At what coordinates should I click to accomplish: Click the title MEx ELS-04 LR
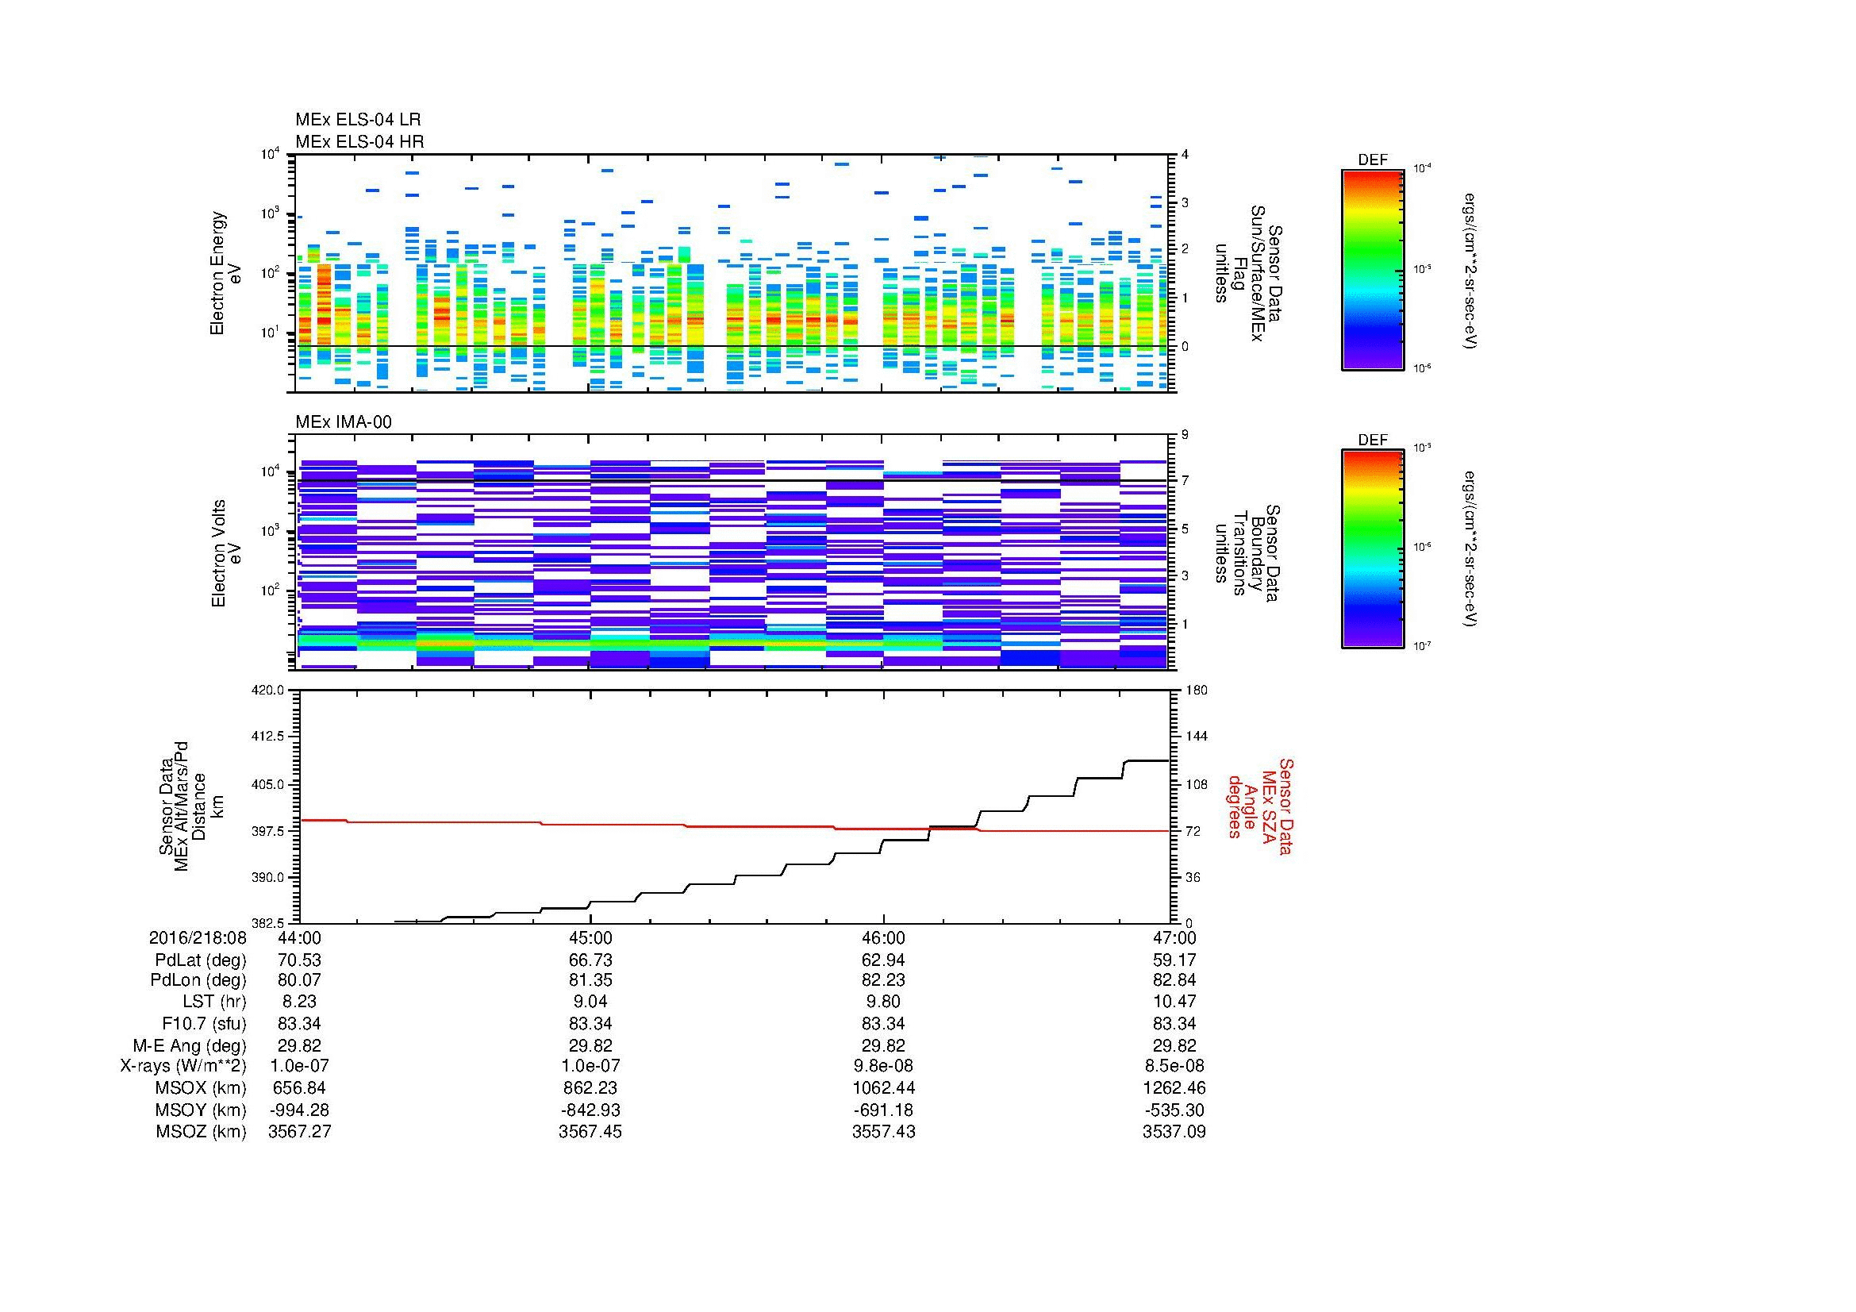pyautogui.click(x=357, y=120)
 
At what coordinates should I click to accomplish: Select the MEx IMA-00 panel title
pyautogui.click(x=343, y=422)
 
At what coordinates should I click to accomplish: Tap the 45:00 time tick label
pyautogui.click(x=590, y=937)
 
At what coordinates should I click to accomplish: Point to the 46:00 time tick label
pyautogui.click(x=883, y=937)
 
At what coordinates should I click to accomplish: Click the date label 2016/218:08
pyautogui.click(x=198, y=937)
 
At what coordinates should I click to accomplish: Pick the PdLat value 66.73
pyautogui.click(x=590, y=960)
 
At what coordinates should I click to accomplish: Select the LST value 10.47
pyautogui.click(x=1174, y=1002)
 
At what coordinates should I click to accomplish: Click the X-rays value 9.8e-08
pyautogui.click(x=883, y=1066)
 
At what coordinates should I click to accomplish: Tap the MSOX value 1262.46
pyautogui.click(x=1174, y=1088)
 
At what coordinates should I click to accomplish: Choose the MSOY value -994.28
pyautogui.click(x=299, y=1110)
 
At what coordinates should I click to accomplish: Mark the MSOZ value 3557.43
pyautogui.click(x=883, y=1132)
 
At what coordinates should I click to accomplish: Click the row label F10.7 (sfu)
pyautogui.click(x=204, y=1023)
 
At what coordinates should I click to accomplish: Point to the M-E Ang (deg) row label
pyautogui.click(x=189, y=1045)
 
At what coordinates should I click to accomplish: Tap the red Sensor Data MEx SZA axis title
pyautogui.click(x=1260, y=806)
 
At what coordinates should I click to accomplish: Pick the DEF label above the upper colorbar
pyautogui.click(x=1373, y=160)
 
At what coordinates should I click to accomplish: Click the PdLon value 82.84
pyautogui.click(x=1174, y=980)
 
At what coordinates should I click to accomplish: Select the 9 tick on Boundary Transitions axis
pyautogui.click(x=1185, y=435)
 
